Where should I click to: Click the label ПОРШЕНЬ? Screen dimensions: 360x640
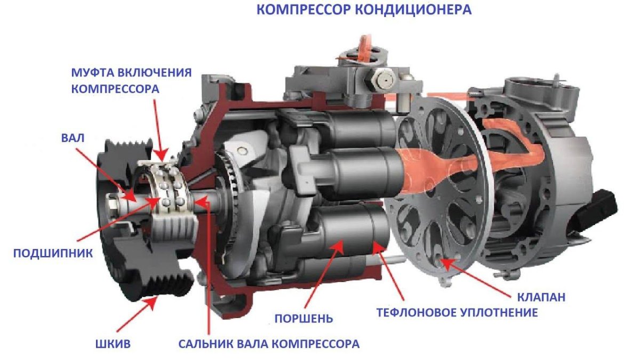(x=303, y=319)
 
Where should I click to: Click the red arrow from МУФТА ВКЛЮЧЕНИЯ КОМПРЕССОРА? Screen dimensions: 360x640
(x=159, y=128)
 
